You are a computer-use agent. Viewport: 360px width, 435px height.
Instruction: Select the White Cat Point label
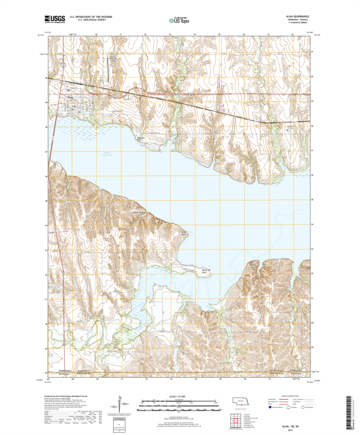tap(205, 271)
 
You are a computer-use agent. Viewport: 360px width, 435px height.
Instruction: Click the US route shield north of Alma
tap(64, 66)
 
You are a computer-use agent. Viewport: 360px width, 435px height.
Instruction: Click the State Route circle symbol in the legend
tap(302, 413)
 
